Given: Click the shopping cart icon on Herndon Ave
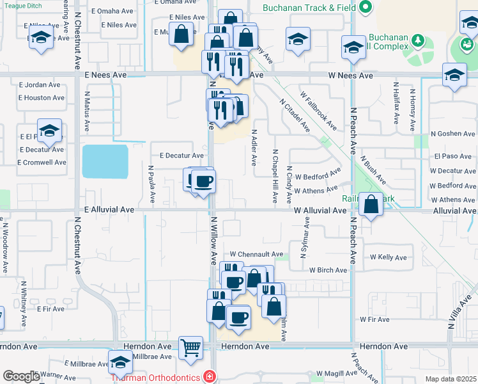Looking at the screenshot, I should click(x=190, y=348).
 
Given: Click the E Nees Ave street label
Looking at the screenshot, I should click(x=105, y=75).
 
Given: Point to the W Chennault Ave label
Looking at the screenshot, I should click(x=256, y=254).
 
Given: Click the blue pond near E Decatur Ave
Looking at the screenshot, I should click(x=105, y=161).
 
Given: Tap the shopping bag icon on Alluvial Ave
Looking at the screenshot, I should click(x=371, y=205).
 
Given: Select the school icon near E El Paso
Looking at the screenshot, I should click(x=49, y=131).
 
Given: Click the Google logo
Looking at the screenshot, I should click(x=21, y=376).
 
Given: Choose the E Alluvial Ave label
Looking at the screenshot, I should click(x=109, y=209).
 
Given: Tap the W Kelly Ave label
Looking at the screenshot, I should click(x=389, y=257).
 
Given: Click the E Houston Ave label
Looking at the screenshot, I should click(x=42, y=98).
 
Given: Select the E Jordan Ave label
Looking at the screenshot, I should click(x=40, y=85).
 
